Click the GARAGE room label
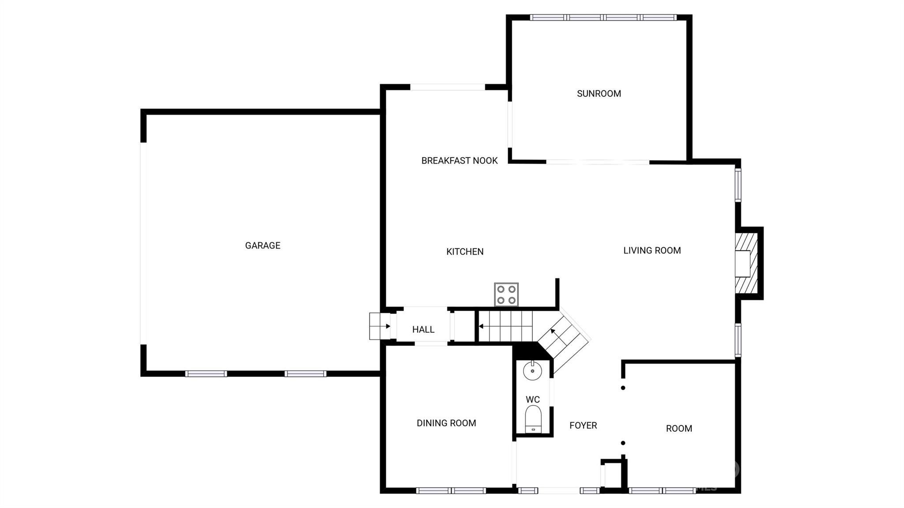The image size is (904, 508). pos(263,245)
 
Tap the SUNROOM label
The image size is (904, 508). pos(599,94)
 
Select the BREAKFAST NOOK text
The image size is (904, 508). pos(459,161)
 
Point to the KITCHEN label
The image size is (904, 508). pos(465,252)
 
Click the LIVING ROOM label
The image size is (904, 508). pos(652,251)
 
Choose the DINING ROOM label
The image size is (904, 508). pos(446,423)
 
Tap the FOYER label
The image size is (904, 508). pos(583,425)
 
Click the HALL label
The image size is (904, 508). pos(423,329)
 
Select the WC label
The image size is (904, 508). pos(532,399)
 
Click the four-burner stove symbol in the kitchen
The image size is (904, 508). pos(506,295)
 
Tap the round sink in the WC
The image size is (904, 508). pos(532,371)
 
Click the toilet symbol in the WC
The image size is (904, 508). pos(533,420)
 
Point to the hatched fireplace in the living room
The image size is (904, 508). pos(746,263)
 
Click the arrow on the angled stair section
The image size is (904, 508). pos(552,331)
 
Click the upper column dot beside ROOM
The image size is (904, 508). pos(623,388)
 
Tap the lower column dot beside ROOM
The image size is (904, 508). pos(623,443)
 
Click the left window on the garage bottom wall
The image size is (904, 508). pos(206,374)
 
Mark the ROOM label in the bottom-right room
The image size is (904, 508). pos(678,429)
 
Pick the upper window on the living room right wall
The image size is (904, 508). pos(738,185)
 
